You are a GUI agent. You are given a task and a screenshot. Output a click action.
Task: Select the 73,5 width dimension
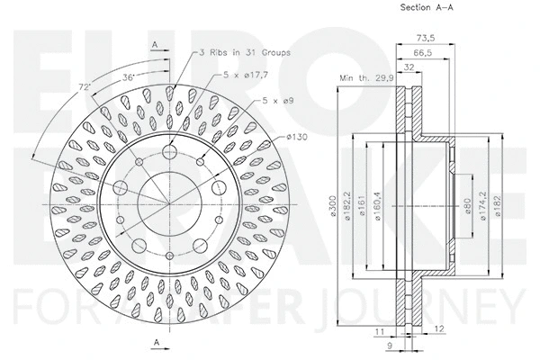(x=427, y=39)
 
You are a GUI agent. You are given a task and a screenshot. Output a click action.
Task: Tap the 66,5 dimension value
(x=420, y=54)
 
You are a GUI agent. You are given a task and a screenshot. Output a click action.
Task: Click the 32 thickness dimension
(x=409, y=68)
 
